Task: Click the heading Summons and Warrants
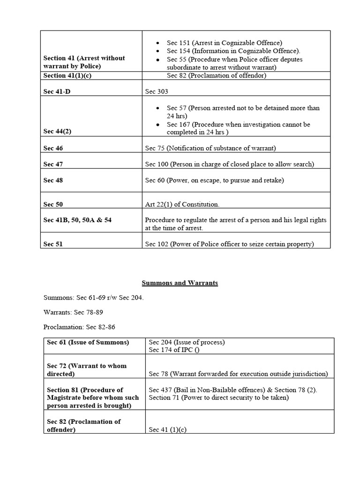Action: [x=180, y=283]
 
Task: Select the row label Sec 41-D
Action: [x=57, y=91]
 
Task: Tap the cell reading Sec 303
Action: [x=157, y=91]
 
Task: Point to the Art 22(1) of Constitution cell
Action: [x=182, y=204]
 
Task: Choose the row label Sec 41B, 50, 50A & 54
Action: [x=77, y=220]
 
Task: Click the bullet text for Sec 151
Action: [x=225, y=43]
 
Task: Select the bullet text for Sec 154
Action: [x=233, y=51]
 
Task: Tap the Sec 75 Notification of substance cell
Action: [x=210, y=148]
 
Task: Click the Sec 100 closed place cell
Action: [x=229, y=164]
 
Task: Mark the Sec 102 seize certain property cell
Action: [x=229, y=244]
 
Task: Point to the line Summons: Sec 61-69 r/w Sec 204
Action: [x=93, y=297]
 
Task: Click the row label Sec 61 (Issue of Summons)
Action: [x=88, y=342]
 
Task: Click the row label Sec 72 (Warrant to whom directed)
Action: [x=87, y=370]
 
